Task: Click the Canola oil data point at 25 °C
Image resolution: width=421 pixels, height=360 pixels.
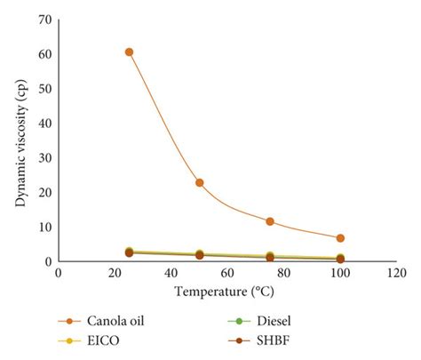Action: [129, 52]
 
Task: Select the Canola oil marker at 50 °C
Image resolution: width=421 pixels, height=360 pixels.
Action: [200, 182]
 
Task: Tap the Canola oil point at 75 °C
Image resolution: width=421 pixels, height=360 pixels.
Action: [270, 221]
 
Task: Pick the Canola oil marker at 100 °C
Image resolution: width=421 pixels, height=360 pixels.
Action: [340, 238]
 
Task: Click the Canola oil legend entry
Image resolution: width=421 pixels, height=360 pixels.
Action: [107, 321]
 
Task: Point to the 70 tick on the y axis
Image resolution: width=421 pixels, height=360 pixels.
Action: [44, 19]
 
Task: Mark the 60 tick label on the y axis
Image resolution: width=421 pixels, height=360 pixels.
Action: [44, 53]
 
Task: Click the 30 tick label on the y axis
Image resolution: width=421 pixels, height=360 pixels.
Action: [44, 157]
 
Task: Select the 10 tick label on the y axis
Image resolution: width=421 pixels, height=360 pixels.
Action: [44, 227]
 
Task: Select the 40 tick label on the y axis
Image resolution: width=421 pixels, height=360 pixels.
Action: [44, 123]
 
